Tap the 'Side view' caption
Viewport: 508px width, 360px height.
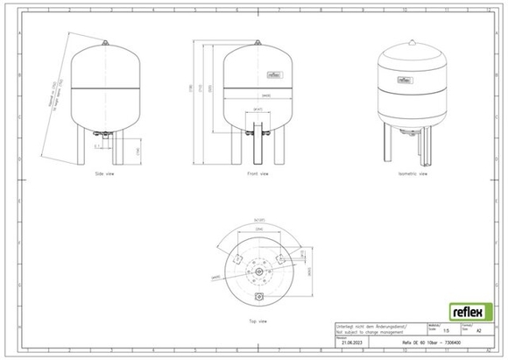tap(104, 173)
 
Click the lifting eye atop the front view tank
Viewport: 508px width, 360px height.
tap(257, 42)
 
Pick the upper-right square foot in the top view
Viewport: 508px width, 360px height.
tap(279, 258)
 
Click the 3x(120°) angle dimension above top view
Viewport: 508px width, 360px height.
tap(259, 218)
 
